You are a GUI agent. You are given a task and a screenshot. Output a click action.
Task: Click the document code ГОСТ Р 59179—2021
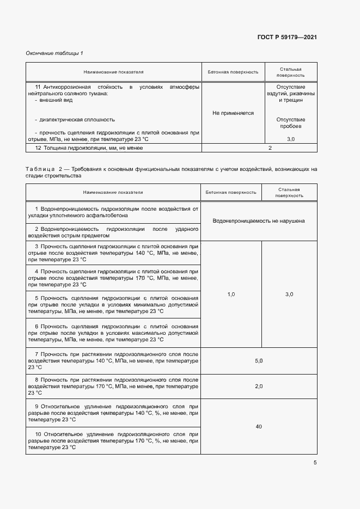coord(287,38)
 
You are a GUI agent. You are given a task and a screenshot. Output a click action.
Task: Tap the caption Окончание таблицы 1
coord(54,53)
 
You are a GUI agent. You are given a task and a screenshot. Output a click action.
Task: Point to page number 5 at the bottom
coord(315,463)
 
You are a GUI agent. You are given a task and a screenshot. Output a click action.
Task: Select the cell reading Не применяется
coord(233,113)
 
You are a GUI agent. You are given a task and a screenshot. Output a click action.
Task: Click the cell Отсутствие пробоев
coord(291,123)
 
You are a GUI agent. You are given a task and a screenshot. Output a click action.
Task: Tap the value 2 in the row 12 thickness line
coord(270,148)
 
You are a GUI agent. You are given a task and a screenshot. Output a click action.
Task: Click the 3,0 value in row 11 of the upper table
coord(290,139)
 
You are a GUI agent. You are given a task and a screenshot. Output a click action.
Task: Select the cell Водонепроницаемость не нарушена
coord(259,221)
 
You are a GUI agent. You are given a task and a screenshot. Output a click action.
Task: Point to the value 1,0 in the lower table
coord(231,294)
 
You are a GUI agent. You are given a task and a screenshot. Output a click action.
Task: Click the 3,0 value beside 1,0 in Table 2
coord(289,294)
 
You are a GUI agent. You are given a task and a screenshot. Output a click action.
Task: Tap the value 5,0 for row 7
coord(259,361)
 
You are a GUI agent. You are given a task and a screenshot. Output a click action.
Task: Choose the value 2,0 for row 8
coord(259,386)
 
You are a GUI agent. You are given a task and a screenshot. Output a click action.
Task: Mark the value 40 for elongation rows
coord(259,426)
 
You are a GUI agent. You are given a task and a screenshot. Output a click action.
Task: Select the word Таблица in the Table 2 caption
coord(40,169)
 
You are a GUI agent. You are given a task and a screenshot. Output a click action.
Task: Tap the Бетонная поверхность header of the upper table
coord(233,72)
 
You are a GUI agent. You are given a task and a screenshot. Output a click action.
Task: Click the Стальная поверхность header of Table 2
coord(289,192)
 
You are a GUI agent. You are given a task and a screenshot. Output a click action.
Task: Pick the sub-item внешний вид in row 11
coord(55,100)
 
